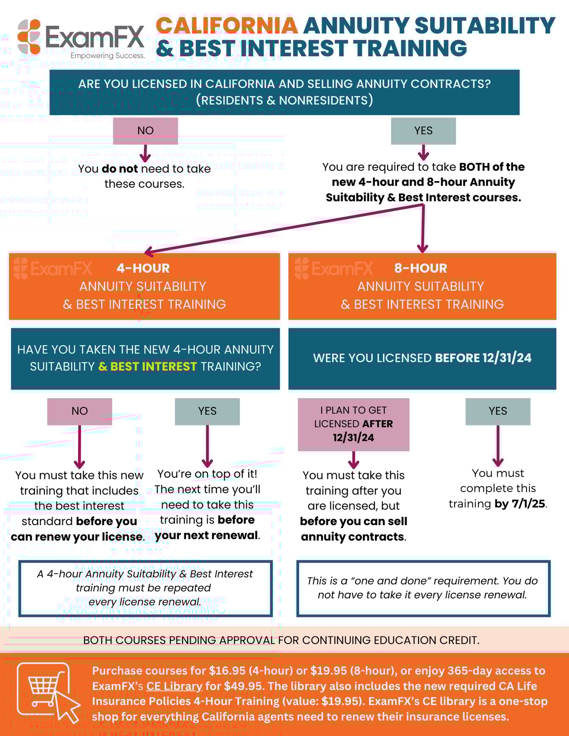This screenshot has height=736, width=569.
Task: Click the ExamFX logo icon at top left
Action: (x=29, y=37)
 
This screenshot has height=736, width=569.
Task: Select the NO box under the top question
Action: (x=145, y=131)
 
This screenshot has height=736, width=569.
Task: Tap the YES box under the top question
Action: (x=423, y=131)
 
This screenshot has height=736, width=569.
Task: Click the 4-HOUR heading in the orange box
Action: (x=143, y=268)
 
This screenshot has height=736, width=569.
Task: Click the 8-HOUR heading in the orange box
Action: (x=421, y=268)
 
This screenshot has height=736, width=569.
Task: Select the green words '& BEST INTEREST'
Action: (x=147, y=366)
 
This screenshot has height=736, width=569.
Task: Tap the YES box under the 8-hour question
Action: (x=498, y=411)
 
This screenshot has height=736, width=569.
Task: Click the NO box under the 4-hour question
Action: (x=80, y=411)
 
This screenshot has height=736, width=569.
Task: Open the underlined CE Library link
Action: (x=174, y=686)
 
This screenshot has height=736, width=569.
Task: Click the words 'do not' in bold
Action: (x=120, y=169)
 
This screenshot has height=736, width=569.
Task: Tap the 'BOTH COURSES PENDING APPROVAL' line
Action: (x=281, y=640)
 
